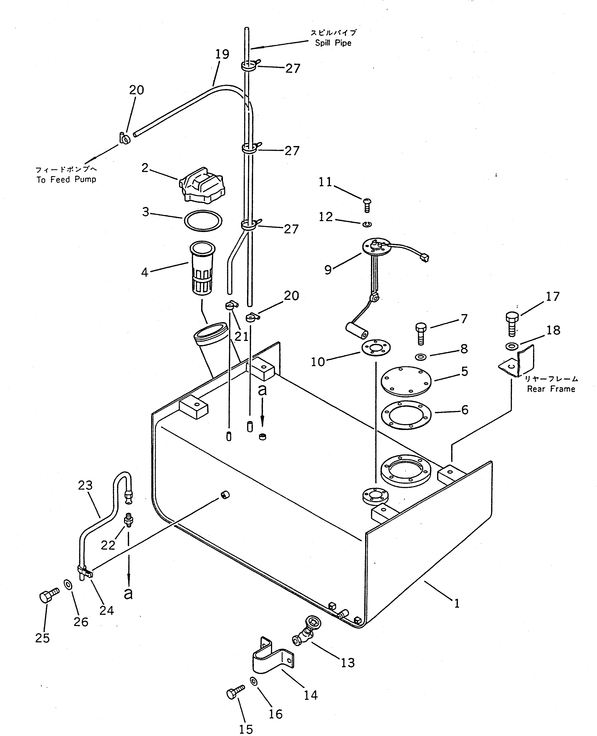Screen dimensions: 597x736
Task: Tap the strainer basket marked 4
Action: [202, 268]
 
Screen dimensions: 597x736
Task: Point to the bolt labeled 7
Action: [421, 334]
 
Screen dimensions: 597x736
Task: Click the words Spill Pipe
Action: [333, 43]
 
